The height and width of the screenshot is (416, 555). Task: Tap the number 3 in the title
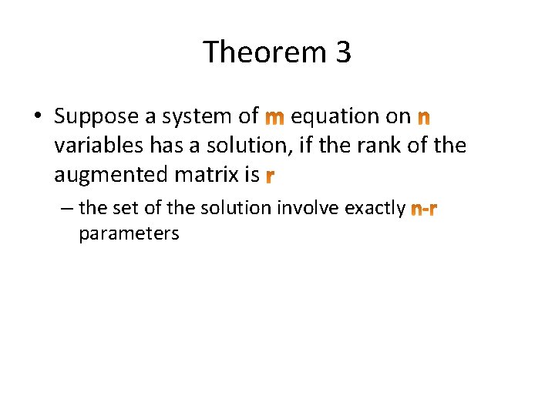point(343,52)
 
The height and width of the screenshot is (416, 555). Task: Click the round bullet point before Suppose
point(37,116)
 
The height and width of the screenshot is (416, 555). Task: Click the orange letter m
point(274,118)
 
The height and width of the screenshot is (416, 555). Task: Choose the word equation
point(327,116)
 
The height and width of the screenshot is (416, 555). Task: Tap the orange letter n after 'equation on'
point(423,118)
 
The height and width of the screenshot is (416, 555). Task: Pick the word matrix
point(203,175)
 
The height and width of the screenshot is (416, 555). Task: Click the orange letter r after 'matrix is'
point(269,176)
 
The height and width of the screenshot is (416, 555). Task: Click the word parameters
point(129,233)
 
